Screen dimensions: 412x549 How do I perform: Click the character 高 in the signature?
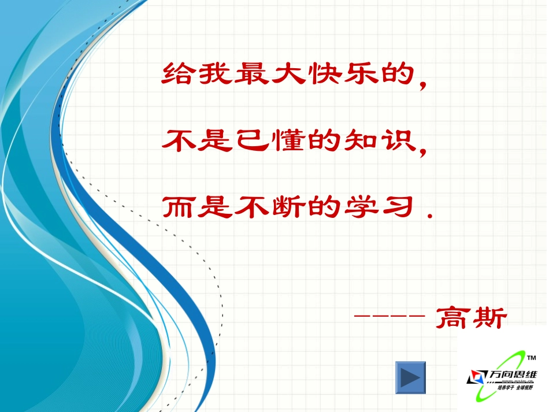[453, 317]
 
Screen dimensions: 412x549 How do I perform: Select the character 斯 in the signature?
[489, 317]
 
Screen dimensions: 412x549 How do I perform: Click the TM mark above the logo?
[532, 358]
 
